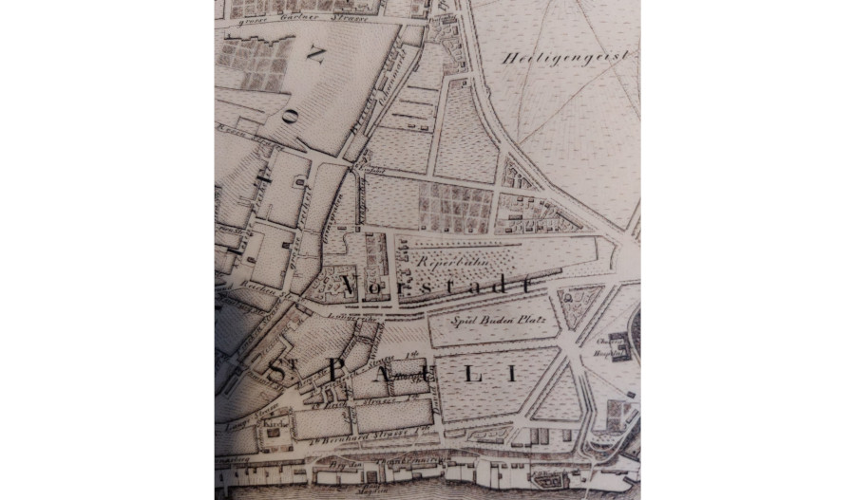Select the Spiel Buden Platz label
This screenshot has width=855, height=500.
click(x=489, y=321)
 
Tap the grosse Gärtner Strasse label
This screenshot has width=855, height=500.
click(x=304, y=16)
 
